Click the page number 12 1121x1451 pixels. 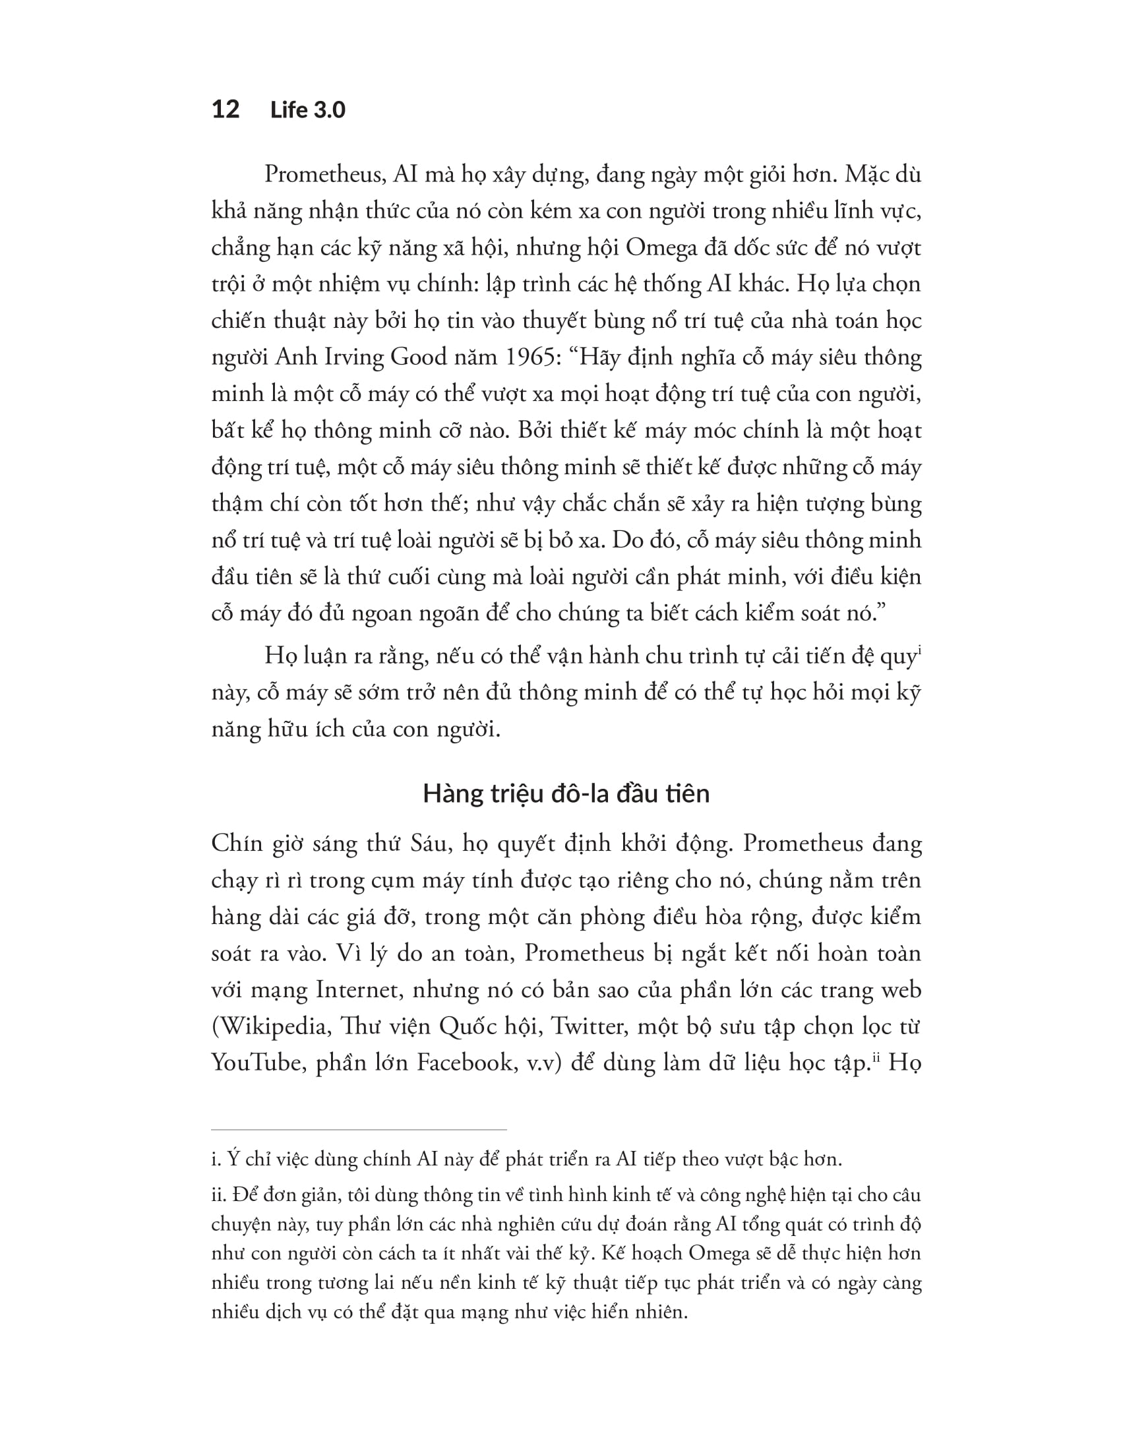[225, 109]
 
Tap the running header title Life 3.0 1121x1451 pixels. [307, 109]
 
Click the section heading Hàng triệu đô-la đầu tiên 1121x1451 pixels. [566, 793]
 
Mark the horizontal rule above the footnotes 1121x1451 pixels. [359, 1128]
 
